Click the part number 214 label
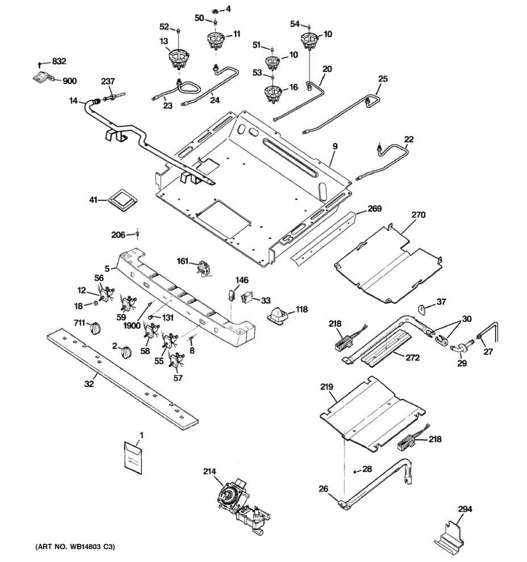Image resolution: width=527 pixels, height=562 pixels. pos(209,472)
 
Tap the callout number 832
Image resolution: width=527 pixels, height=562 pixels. pos(59,61)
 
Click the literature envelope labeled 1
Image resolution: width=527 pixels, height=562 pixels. pos(133,455)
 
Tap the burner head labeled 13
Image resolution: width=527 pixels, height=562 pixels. pos(178,59)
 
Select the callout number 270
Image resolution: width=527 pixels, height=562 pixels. pos(418,215)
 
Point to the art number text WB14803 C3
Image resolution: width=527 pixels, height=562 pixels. pos(75,547)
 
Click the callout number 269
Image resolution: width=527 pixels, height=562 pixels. pos(374,208)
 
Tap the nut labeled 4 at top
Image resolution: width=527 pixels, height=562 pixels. pos(215,10)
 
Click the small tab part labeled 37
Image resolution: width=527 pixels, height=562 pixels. pos(424,309)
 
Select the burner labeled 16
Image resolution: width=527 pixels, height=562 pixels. pos(273,92)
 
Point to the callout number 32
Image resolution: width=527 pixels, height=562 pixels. pos(89,384)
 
